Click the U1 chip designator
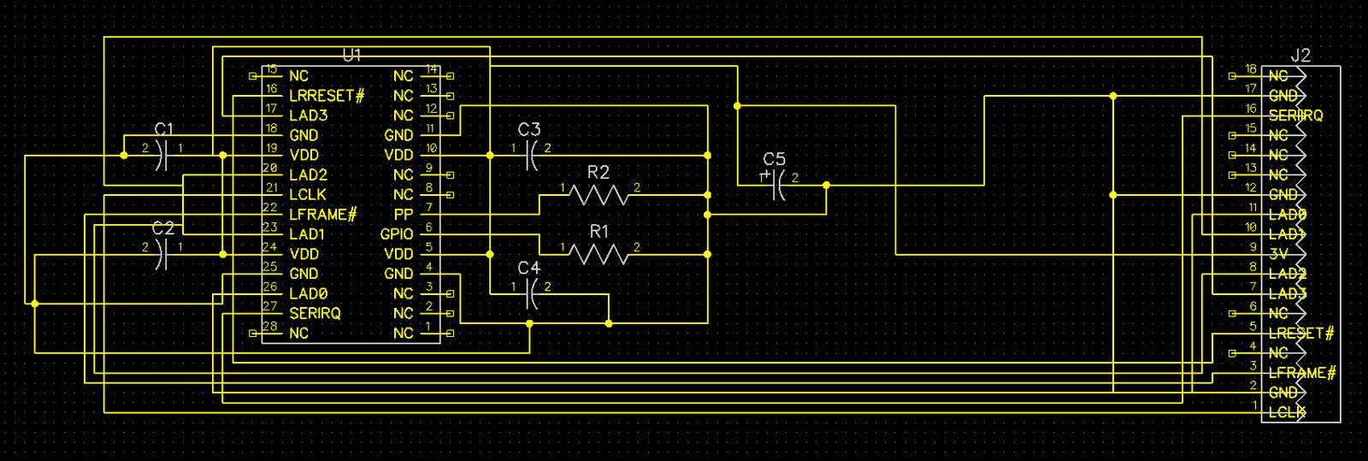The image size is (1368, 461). [x=351, y=56]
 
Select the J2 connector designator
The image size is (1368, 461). [x=1300, y=56]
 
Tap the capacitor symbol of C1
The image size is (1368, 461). [x=162, y=155]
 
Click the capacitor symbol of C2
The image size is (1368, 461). [x=162, y=254]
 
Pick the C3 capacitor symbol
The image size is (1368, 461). [x=531, y=155]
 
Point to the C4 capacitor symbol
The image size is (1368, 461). [x=531, y=294]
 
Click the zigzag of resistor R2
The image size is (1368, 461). [x=598, y=195]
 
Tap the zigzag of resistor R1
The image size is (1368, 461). [x=598, y=254]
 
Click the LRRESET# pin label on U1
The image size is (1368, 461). [x=327, y=96]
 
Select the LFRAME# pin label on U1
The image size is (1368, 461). [x=322, y=215]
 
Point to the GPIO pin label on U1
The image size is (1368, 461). [x=397, y=234]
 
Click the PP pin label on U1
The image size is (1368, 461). [x=403, y=215]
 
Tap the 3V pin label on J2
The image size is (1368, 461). [x=1278, y=254]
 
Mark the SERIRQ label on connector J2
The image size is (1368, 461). [x=1295, y=115]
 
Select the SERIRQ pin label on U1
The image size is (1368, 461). [x=315, y=314]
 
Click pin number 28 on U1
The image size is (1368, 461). [x=270, y=326]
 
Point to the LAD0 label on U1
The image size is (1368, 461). [x=308, y=294]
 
